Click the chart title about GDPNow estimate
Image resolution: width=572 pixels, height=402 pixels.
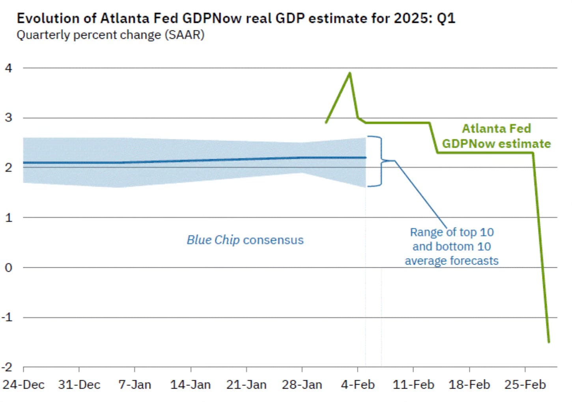[x=236, y=19]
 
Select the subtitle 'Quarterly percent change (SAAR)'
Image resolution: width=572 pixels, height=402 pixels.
[x=110, y=35]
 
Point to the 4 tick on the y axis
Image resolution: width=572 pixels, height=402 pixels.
[x=9, y=68]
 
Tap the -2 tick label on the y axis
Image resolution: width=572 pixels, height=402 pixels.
[x=7, y=367]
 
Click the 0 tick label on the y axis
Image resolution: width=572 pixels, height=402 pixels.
[x=9, y=267]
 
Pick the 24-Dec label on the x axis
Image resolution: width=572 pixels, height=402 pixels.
[x=24, y=385]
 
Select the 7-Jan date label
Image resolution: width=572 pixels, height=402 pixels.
[x=135, y=385]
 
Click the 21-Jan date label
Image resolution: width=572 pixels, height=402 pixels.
[x=246, y=385]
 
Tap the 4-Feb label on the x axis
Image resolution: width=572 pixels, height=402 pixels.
[x=358, y=385]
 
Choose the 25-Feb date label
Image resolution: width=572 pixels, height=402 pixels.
[x=525, y=385]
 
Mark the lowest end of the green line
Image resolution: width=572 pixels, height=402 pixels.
[x=549, y=342]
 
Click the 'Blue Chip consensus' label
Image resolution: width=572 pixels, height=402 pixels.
[x=245, y=240]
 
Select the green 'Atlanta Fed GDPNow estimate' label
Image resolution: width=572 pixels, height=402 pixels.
[x=496, y=136]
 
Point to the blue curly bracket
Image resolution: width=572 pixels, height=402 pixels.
[x=380, y=161]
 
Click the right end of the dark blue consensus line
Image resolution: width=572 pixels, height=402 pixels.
[x=366, y=158]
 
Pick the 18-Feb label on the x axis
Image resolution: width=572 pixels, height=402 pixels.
[x=469, y=385]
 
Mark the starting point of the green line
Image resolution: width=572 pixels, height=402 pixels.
[x=326, y=122]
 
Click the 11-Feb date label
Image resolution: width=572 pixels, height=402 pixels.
[x=413, y=385]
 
